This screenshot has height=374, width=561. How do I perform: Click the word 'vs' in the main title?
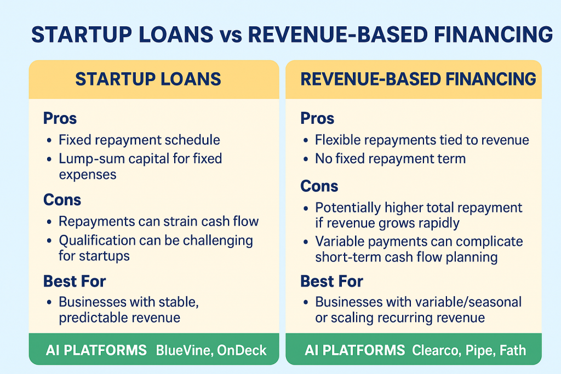coord(231,35)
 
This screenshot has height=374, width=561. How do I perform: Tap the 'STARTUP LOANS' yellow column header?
coord(154,79)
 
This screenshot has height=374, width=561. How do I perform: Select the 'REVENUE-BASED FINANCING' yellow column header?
coord(414,79)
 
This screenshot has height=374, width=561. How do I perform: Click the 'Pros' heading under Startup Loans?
coord(60,118)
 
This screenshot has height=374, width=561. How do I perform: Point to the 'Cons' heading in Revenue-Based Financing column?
coord(319,186)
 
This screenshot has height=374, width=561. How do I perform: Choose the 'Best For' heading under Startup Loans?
coord(75,281)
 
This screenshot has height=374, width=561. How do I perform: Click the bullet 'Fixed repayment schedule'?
coord(139,140)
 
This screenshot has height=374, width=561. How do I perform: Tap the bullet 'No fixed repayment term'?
coord(390,158)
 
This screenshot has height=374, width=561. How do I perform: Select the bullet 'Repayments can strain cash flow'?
coord(158,221)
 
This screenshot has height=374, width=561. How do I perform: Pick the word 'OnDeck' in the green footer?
coord(242,350)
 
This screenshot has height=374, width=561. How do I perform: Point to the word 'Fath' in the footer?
coord(513,350)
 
